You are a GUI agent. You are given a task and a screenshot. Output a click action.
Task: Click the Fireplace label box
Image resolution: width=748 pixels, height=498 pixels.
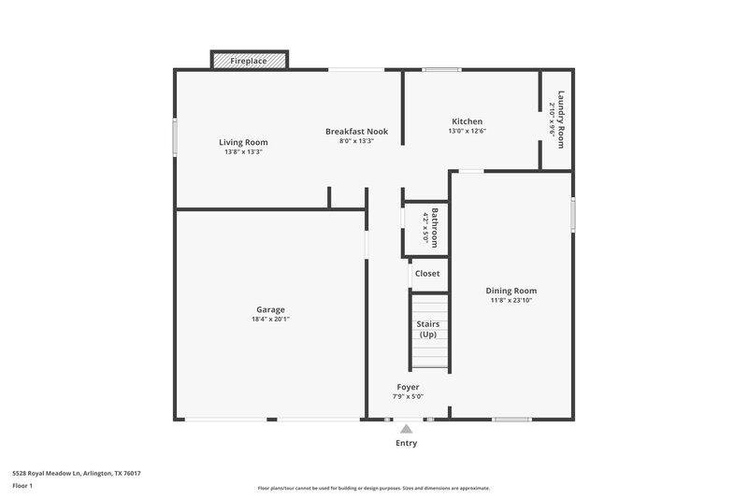coord(249,61)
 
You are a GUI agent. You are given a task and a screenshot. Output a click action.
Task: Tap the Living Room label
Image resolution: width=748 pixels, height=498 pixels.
coord(243,142)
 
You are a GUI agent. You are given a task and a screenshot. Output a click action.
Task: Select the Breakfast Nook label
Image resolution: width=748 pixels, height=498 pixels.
coord(356,132)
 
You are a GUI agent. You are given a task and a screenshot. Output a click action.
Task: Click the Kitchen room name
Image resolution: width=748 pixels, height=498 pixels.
coord(467,121)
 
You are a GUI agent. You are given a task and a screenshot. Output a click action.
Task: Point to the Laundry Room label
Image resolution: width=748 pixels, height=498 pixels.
coord(561,114)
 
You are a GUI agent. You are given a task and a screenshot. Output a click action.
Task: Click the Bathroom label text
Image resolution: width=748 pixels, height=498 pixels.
coord(434,225)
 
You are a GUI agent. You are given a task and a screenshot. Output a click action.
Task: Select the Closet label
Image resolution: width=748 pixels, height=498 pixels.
coord(426,274)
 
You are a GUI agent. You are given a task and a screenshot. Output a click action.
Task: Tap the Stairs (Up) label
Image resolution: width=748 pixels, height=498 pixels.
coord(427,329)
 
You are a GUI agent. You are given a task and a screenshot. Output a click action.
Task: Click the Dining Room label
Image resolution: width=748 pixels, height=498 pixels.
coord(511,291)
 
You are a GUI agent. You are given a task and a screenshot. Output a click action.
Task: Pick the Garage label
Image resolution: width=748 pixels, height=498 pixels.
coord(271,309)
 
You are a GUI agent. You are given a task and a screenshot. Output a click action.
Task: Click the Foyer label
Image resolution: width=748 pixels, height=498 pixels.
coord(408,387)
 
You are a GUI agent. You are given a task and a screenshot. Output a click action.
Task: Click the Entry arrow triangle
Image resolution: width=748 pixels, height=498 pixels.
coord(407,429)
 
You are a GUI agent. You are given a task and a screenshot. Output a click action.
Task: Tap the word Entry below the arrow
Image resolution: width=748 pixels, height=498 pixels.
coord(407,444)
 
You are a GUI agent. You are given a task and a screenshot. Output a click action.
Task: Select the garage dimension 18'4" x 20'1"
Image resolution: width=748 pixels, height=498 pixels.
coord(271,320)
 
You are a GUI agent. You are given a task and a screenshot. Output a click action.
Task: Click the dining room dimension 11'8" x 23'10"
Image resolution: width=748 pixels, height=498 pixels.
coord(511,301)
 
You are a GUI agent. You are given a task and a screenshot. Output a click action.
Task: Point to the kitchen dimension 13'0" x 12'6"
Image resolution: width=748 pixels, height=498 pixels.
coord(467,132)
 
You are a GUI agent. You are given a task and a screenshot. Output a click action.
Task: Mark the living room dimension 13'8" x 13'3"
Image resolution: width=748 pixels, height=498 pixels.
coord(243,152)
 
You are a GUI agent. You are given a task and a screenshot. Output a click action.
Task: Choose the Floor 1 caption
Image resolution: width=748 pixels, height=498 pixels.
coord(22,487)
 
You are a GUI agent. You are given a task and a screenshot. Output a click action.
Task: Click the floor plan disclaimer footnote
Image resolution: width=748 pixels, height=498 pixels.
coord(374,488)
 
